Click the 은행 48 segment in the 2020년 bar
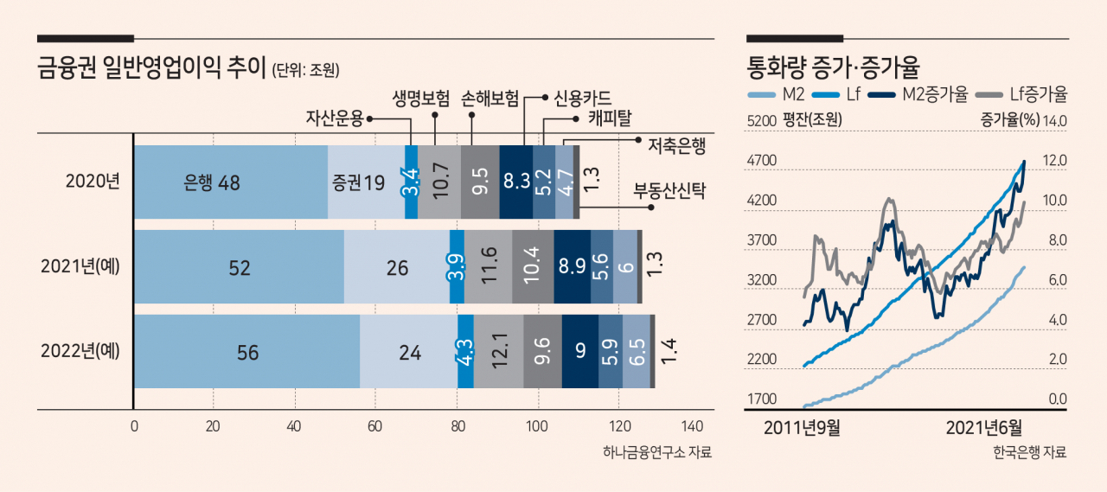point(231,182)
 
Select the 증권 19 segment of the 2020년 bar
point(366,182)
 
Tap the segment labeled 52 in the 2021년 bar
point(240,266)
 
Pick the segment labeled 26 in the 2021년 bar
point(397,266)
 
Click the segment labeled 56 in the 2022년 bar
point(247,351)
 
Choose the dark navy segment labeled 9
point(580,351)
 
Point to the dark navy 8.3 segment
point(516,182)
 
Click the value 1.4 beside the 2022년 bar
point(669,351)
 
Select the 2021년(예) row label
point(80,266)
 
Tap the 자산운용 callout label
point(335,118)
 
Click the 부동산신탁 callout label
point(669,191)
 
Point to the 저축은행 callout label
point(676,146)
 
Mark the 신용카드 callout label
point(582,99)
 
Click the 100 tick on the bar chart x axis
point(537,426)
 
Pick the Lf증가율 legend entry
point(1022,94)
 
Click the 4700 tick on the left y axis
point(762,161)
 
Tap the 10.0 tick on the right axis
point(1054,201)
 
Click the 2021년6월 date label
point(984,428)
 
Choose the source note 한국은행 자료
point(1030,452)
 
